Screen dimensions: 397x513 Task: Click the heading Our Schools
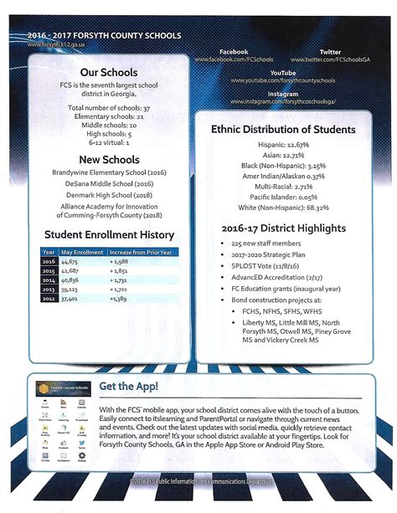click(x=109, y=73)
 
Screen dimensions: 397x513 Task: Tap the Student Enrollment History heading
click(x=109, y=235)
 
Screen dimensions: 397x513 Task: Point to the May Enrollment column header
click(x=81, y=252)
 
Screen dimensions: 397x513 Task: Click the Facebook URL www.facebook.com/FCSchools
click(x=234, y=60)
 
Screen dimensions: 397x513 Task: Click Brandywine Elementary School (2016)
click(x=109, y=173)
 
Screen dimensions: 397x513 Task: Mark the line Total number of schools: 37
click(x=109, y=108)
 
